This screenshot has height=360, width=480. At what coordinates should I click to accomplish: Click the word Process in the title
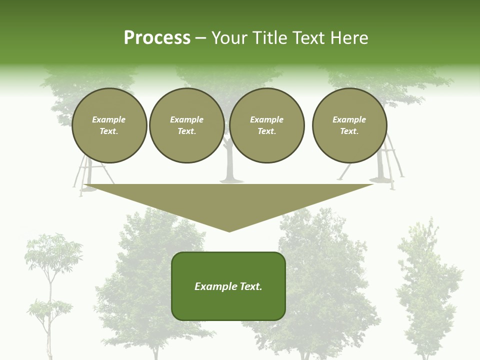point(157,38)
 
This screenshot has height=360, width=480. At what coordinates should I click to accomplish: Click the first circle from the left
point(109,125)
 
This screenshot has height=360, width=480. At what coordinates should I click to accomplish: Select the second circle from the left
point(186,125)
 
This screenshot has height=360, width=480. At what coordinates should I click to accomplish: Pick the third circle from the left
point(266,125)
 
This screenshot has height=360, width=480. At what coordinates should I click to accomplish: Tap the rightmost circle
point(349,125)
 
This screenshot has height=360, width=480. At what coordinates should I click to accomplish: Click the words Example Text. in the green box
point(228,286)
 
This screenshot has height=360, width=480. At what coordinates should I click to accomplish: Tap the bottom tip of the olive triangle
point(229,231)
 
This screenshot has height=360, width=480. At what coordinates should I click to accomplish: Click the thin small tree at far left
point(50,290)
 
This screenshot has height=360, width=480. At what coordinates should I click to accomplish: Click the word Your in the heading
point(230,38)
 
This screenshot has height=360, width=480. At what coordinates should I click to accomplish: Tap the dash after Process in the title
point(201,38)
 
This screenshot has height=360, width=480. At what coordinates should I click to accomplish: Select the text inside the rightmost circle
point(349,125)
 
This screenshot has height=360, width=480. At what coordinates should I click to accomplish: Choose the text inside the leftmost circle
point(109,125)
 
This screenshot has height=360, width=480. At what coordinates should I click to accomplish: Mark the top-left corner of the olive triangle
point(84,185)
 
